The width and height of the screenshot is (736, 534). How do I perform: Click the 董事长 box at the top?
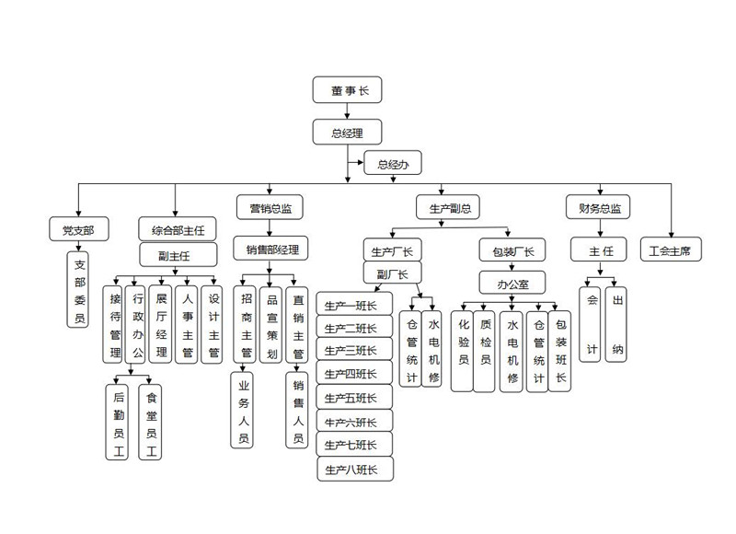pos(346,89)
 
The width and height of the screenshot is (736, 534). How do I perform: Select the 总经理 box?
pos(346,133)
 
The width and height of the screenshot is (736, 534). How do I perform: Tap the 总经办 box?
pos(392,164)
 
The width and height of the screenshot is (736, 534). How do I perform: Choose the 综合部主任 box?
pos(178,228)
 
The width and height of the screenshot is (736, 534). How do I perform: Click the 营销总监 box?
pos(270,209)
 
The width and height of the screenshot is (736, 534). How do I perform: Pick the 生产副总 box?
pos(448,209)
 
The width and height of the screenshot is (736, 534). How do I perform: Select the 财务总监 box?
pos(598,209)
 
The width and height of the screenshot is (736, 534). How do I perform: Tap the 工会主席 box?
pos(670,250)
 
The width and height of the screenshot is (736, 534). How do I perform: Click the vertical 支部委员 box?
pos(79,290)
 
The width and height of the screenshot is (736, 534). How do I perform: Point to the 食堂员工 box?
pos(152,422)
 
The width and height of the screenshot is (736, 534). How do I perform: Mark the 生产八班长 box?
pos(354,470)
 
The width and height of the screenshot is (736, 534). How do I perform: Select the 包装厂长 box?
pos(512,250)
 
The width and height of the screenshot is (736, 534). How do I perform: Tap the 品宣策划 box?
pos(271,325)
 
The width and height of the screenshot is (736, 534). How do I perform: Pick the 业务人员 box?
pos(244,412)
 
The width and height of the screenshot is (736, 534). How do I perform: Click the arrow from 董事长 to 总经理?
pos(346,111)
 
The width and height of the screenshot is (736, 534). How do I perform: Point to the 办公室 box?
pos(512,282)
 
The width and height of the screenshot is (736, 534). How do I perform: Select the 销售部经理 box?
pos(270,249)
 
